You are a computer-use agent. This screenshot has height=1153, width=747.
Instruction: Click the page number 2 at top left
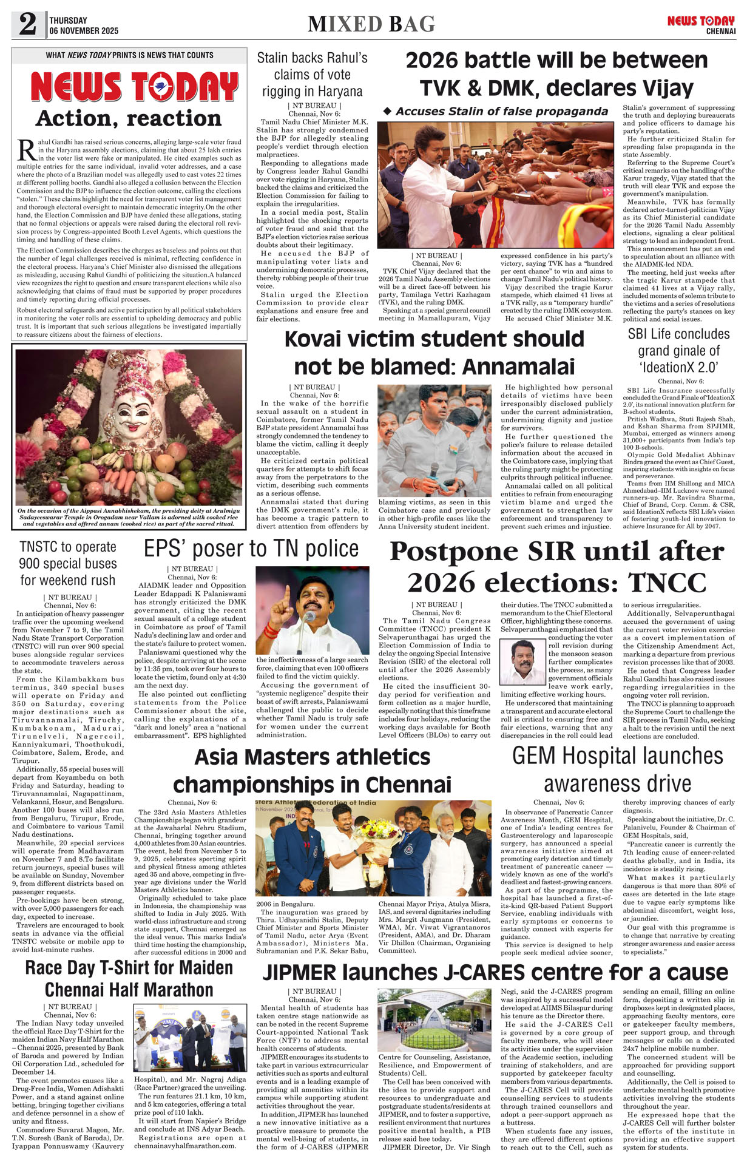pyautogui.click(x=27, y=24)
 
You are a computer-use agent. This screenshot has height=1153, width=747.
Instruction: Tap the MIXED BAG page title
pyautogui.click(x=371, y=24)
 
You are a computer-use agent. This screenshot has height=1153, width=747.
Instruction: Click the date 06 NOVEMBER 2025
pyautogui.click(x=84, y=31)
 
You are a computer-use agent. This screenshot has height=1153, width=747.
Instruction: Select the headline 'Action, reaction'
pyautogui.click(x=129, y=118)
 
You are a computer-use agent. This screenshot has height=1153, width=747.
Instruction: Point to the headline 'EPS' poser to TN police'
pyautogui.click(x=251, y=549)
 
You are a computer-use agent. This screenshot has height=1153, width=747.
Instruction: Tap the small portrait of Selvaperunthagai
pyautogui.click(x=522, y=662)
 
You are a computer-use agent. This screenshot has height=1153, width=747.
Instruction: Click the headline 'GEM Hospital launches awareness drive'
pyautogui.click(x=618, y=769)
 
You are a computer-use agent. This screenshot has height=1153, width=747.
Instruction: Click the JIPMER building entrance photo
pyautogui.click(x=434, y=1020)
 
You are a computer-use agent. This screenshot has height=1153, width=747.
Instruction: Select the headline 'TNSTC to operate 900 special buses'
pyautogui.click(x=68, y=563)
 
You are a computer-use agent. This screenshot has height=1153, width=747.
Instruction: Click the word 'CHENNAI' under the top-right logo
pyautogui.click(x=720, y=31)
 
